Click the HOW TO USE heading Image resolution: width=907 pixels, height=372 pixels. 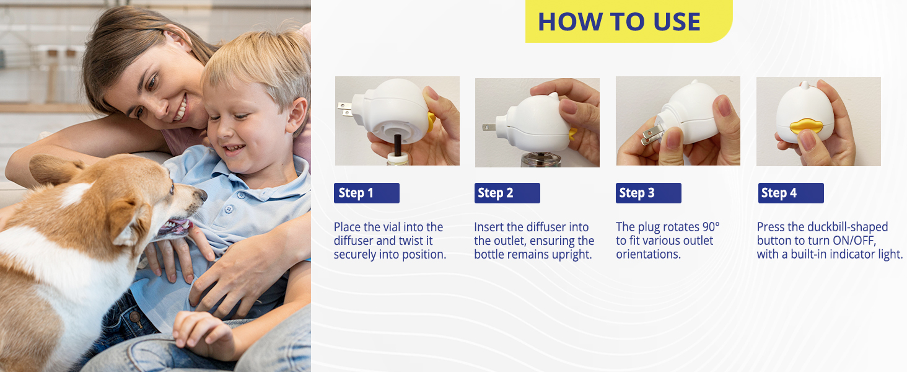pos(619,22)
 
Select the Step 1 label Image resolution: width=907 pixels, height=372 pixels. pos(366,193)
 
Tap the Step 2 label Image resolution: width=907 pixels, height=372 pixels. pos(507,193)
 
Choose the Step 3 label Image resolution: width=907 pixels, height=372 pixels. pos(648,193)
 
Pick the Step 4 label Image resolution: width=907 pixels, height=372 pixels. pos(791,193)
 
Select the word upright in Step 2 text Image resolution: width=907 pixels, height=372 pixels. pos(575,254)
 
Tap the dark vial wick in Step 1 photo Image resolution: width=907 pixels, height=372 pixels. pos(393,145)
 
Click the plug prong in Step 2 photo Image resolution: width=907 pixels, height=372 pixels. pos(488,127)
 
